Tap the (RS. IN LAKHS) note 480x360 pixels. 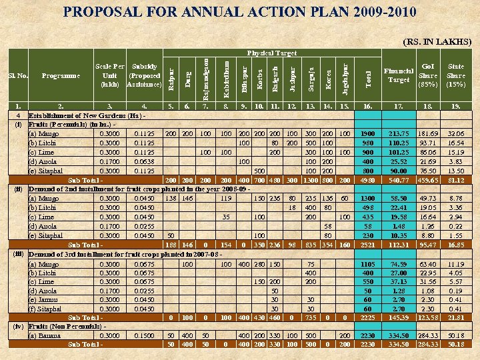pos(438,41)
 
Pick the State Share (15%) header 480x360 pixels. pos(456,75)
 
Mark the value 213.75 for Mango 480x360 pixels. pos(399,133)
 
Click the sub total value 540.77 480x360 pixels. pos(399,180)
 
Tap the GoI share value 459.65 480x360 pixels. pos(427,180)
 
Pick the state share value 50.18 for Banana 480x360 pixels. pos(456,335)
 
